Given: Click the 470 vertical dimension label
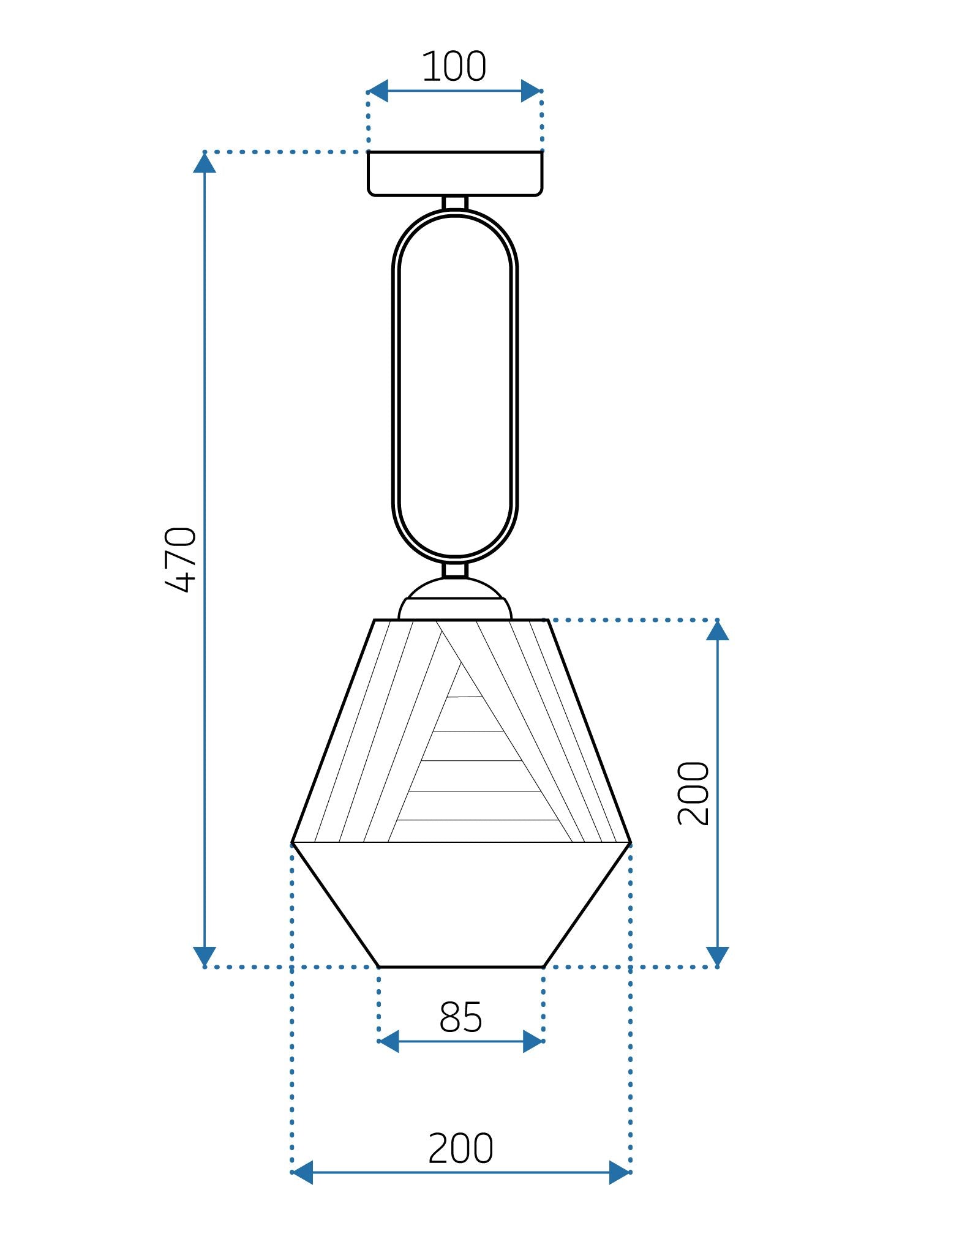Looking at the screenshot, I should pyautogui.click(x=181, y=559).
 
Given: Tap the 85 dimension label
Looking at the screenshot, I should pyautogui.click(x=460, y=1017).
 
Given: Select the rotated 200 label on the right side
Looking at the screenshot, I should pyautogui.click(x=694, y=793).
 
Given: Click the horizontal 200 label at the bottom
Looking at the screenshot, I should pyautogui.click(x=460, y=1148).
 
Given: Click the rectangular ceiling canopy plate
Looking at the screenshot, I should pyautogui.click(x=454, y=174).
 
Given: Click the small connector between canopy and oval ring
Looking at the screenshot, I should pyautogui.click(x=454, y=203).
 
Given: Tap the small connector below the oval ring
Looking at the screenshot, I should pyautogui.click(x=454, y=570).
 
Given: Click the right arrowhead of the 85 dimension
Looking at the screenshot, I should pyautogui.click(x=533, y=1041).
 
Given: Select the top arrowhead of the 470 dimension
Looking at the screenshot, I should pyautogui.click(x=205, y=163).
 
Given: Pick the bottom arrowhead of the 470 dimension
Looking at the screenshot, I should pyautogui.click(x=205, y=956).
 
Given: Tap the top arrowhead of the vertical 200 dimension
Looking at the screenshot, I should pyautogui.click(x=717, y=631).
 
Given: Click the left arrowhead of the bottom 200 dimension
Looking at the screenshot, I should pyautogui.click(x=303, y=1172).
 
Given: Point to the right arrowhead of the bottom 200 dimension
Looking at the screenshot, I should pyautogui.click(x=620, y=1172).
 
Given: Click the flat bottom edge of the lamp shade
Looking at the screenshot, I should pyautogui.click(x=460, y=967).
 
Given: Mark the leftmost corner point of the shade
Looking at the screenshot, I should pyautogui.click(x=293, y=843).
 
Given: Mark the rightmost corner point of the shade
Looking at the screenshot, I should pyautogui.click(x=630, y=843).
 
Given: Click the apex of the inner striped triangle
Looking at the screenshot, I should pyautogui.click(x=461, y=662).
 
